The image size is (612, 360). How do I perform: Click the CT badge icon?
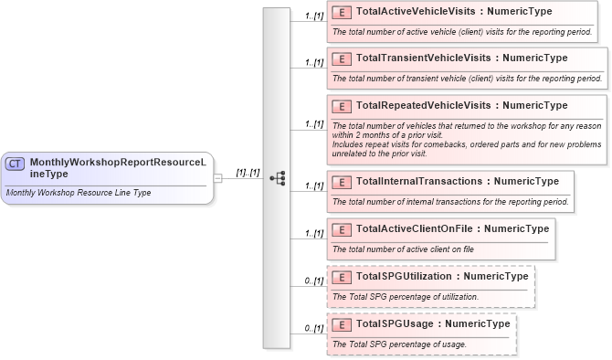pos(16,164)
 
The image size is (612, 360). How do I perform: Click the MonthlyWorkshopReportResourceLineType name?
pos(117,166)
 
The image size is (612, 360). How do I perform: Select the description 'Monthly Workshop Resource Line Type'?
pos(78,193)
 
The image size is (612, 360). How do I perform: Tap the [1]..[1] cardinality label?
pos(248,171)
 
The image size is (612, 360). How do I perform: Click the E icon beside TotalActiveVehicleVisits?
pos(342,13)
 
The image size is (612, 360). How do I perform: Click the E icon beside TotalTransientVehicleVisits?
pos(342,58)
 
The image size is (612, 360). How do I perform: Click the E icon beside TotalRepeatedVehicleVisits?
pos(342,105)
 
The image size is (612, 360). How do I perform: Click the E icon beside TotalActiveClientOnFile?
pos(342,228)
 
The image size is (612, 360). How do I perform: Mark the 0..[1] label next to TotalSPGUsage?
pos(313,328)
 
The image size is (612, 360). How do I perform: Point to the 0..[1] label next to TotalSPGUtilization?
pos(313,281)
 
